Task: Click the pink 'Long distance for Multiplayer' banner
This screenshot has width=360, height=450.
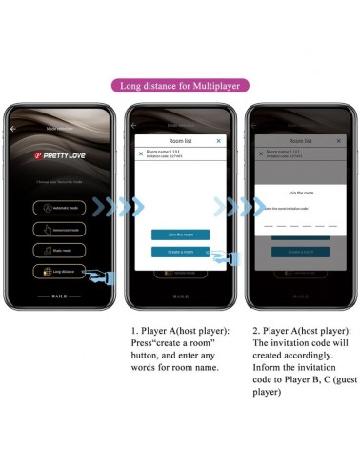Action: (179, 85)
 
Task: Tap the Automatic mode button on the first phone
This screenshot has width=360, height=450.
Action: (61, 207)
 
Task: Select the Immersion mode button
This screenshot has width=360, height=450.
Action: (61, 229)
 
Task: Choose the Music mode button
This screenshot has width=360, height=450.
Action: (61, 250)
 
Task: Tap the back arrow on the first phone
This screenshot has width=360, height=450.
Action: (14, 128)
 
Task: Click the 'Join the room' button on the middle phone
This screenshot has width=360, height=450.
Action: (180, 235)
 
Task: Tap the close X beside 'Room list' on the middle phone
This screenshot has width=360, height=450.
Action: (219, 140)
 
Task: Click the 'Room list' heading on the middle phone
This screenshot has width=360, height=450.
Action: (180, 140)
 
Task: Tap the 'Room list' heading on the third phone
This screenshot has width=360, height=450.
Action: (300, 139)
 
